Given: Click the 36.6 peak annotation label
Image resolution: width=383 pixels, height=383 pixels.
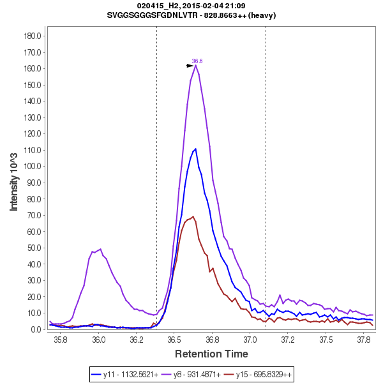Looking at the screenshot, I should point(197,61).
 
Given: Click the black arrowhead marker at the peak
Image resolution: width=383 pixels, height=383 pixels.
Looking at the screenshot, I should point(190,66).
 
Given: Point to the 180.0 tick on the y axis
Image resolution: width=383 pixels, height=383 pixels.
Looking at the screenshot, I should point(32,36).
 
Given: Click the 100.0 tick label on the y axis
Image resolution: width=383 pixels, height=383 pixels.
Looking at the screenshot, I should point(32,167).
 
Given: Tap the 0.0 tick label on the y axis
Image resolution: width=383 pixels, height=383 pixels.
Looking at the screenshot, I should point(36,329).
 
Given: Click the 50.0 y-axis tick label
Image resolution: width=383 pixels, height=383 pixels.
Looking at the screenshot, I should point(34,248).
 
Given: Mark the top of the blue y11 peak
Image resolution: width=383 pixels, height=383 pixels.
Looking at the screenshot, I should point(195,149).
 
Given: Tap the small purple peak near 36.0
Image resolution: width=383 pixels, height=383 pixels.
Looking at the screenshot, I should point(100,250).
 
